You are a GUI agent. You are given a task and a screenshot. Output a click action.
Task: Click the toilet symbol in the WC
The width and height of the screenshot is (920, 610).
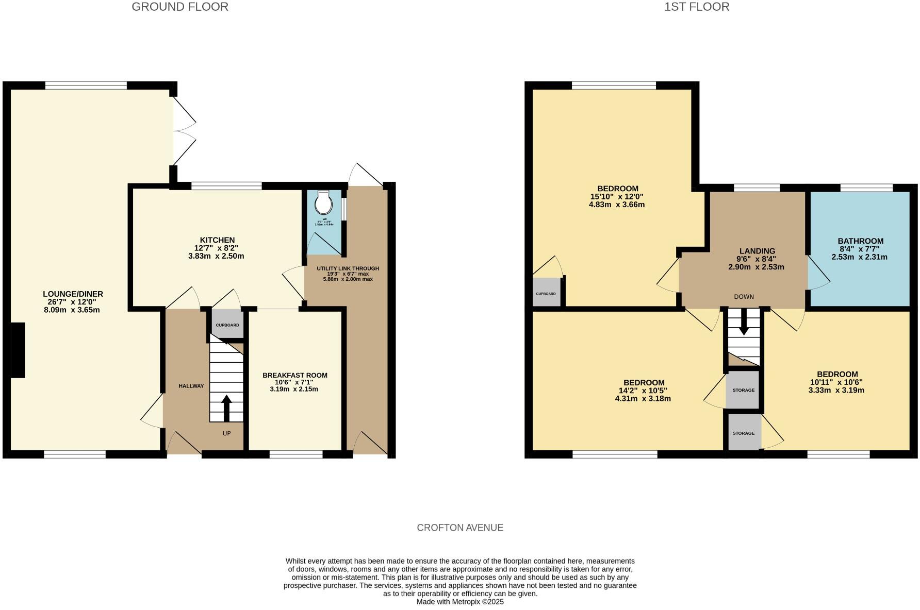pos(323,203)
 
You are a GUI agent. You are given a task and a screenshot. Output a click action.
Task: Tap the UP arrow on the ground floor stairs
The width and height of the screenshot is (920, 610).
pos(226,408)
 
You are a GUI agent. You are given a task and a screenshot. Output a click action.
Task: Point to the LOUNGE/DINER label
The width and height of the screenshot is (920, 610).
pos(73,294)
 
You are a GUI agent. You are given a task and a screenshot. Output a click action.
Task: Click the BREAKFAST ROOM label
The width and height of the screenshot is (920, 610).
pos(294,376)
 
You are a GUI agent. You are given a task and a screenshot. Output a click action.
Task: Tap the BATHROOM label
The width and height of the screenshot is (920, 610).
pos(860,241)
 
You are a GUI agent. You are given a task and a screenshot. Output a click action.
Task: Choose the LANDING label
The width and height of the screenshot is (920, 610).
pos(757,251)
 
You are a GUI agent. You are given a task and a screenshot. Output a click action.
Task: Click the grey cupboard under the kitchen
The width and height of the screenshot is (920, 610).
pos(227,325)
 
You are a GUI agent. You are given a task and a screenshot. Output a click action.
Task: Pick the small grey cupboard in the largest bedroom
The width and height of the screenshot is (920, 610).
pos(546,293)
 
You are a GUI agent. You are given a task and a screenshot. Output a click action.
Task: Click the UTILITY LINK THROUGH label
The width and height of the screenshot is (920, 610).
pos(348,268)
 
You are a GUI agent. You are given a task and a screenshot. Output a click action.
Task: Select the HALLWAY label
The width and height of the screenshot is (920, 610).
pos(191,386)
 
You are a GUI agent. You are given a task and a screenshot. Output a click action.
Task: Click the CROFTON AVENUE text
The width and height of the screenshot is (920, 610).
pos(459,528)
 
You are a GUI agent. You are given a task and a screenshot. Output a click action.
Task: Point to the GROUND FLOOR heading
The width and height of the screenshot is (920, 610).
pos(179,7)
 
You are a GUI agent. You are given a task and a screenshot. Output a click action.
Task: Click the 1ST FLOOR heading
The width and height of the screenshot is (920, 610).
pos(696,7)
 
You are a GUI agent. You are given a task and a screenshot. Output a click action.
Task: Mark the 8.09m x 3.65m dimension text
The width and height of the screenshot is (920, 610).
pos(72,310)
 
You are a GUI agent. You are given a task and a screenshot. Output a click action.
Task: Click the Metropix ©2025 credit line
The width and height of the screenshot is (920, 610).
pos(459,602)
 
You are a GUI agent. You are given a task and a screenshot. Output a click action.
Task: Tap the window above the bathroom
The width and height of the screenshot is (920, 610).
pos(866,188)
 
